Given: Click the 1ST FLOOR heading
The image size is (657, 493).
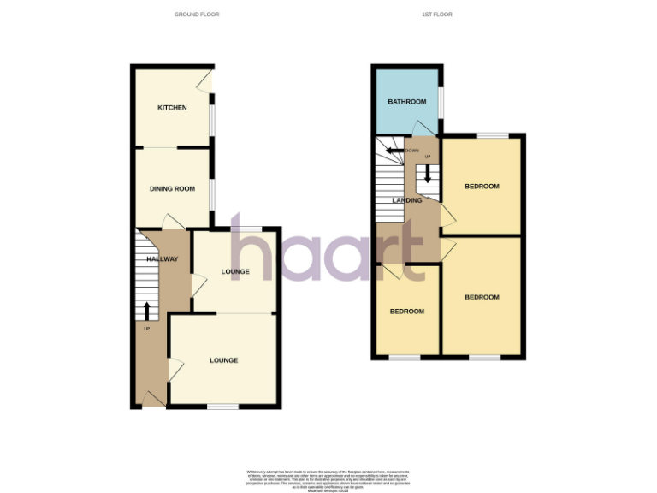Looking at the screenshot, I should point(437,15).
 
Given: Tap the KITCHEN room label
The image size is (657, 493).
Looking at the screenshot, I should point(171,108).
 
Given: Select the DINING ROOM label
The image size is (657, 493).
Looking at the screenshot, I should point(173,188).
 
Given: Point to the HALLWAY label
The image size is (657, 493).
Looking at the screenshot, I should point(162,259).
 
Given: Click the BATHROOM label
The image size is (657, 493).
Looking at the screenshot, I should point(406,102).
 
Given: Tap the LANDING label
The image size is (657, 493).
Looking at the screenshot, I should point(407,200).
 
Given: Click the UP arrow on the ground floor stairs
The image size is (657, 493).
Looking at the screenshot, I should point(146,310).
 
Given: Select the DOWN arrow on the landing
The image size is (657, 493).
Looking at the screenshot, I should point(394,151).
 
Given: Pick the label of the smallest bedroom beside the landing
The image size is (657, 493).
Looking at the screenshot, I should point(407,312).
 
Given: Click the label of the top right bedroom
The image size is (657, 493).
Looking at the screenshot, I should point(482,187).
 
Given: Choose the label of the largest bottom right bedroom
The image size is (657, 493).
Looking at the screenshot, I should point(482,297).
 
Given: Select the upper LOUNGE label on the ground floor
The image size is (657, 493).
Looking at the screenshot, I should point(235,272).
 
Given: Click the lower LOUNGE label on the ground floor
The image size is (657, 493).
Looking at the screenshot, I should point(224,360).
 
